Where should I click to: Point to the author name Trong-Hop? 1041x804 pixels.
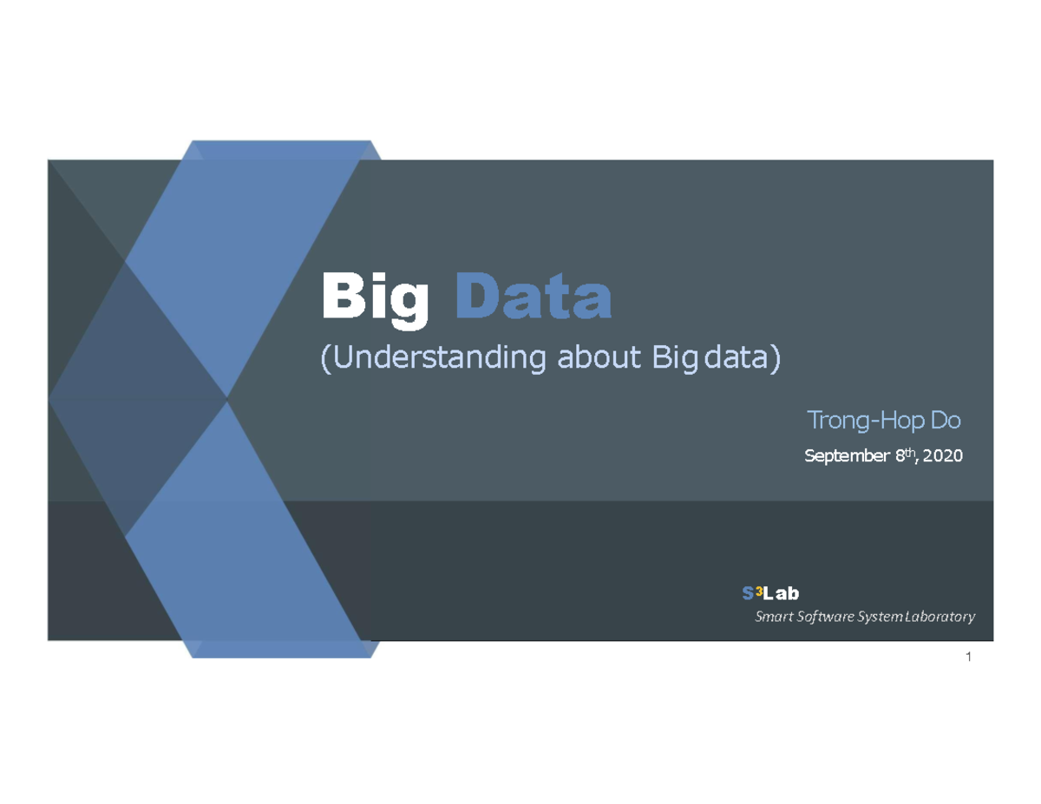[x=855, y=422]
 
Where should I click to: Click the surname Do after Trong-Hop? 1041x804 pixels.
[x=946, y=422]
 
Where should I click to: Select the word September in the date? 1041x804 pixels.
[x=841, y=455]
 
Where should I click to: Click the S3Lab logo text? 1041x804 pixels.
[x=769, y=593]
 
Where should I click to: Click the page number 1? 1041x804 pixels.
[x=967, y=657]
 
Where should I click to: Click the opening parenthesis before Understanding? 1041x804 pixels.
[x=325, y=358]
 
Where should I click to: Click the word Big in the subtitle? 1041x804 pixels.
[x=674, y=357]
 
